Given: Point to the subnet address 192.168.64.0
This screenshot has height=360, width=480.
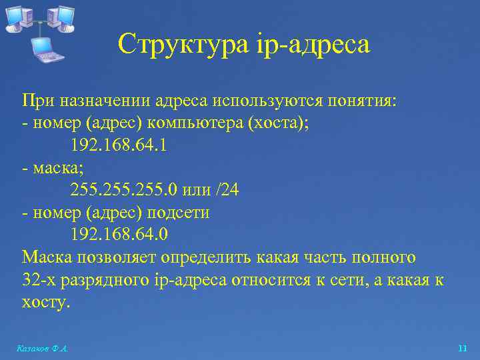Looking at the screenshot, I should (x=119, y=235).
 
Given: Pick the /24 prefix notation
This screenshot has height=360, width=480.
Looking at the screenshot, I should (x=226, y=190).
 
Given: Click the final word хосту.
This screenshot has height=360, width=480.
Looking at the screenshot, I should (x=45, y=302).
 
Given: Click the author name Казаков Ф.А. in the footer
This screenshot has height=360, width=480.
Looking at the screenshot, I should (x=43, y=348).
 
